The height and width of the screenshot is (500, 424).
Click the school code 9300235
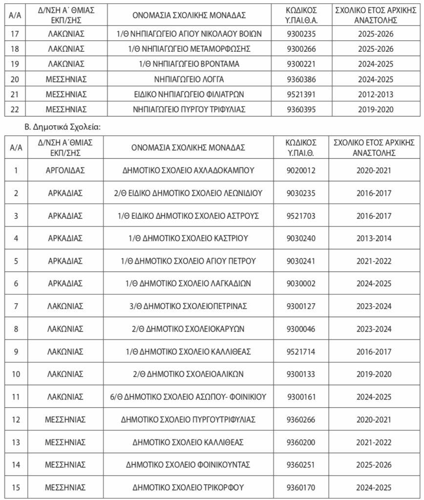(x=301, y=35)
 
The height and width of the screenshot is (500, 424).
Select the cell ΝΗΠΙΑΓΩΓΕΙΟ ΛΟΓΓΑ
(x=189, y=79)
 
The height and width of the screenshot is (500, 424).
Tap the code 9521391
(x=301, y=94)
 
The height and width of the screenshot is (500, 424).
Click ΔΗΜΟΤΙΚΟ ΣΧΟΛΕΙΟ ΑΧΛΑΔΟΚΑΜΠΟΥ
(x=189, y=170)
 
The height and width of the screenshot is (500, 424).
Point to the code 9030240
(x=301, y=238)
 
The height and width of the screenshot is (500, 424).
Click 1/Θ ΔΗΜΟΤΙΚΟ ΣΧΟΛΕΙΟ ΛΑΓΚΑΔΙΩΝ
(x=189, y=283)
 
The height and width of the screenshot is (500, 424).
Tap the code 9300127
(x=301, y=306)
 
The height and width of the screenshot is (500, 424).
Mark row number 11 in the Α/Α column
(x=16, y=397)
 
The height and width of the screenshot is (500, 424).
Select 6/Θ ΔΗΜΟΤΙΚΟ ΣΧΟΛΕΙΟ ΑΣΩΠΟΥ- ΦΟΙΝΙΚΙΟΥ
(x=189, y=397)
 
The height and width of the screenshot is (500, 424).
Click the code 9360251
(x=301, y=465)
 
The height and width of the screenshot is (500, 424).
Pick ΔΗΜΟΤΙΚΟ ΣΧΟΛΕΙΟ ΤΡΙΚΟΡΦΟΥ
(x=189, y=487)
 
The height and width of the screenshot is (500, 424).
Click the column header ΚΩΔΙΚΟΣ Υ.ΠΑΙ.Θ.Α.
(x=301, y=15)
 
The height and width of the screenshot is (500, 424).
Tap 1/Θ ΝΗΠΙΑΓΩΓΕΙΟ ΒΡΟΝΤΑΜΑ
(x=189, y=64)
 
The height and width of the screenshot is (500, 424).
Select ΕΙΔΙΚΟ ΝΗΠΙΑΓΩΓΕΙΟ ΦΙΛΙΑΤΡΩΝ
(x=189, y=94)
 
